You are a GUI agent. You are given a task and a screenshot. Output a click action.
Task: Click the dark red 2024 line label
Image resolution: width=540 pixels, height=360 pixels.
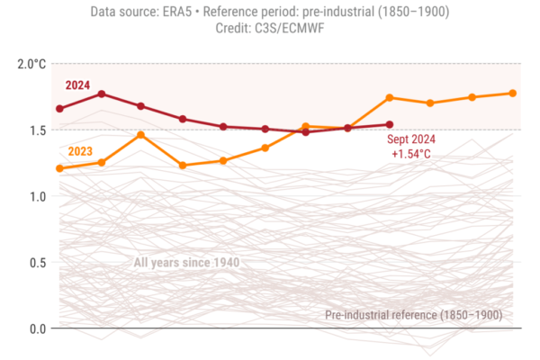coord(78,85)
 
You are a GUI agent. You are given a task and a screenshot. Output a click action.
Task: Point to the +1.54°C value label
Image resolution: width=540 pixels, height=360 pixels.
coord(411,155)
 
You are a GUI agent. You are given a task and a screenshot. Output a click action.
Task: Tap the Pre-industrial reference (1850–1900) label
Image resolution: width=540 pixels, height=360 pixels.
coord(413,315)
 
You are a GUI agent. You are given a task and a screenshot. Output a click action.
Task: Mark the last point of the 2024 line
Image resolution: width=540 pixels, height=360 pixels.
coord(390,124)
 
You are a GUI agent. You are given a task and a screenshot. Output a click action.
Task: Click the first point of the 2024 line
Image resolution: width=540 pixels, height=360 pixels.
coord(59,109)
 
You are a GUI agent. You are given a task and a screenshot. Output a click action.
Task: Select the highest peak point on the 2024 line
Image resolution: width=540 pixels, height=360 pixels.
coord(102,94)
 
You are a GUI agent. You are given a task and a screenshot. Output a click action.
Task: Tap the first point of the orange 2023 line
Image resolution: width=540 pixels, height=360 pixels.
coord(59,168)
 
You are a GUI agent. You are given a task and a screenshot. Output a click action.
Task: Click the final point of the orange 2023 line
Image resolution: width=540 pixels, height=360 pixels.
coord(513,93)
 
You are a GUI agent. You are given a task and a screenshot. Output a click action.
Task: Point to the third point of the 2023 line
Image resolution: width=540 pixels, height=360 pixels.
coord(141,134)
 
